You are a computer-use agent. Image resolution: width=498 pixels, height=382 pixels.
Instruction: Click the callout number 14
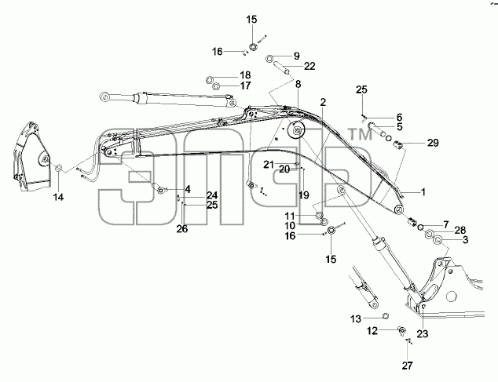coord(58,198)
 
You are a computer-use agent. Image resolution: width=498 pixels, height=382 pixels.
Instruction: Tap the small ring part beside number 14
coord(59,168)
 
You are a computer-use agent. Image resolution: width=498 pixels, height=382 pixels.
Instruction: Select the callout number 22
coord(309,66)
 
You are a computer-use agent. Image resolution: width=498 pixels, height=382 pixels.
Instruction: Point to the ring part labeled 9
coord(269,59)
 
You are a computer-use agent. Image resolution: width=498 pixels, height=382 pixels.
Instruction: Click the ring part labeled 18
coord(210,80)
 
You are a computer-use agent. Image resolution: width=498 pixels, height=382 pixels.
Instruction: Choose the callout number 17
coord(246,85)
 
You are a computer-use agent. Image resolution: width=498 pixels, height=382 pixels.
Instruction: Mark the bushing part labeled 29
coord(398,145)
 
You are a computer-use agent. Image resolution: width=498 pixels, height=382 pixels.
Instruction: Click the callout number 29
coord(433,143)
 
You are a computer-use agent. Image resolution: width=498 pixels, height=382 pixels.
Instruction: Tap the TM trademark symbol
coord(361,134)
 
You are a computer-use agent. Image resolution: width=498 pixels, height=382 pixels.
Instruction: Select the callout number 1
coord(423,192)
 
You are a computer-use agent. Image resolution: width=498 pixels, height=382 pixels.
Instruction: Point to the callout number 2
coord(323,102)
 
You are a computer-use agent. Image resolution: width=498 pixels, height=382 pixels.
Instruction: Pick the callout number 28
coord(460,230)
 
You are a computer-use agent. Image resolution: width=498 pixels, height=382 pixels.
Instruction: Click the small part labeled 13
coord(385,315)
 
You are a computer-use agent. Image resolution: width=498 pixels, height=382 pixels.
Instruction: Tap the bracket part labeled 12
coord(401,330)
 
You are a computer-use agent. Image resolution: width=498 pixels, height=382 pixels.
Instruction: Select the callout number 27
coord(407,366)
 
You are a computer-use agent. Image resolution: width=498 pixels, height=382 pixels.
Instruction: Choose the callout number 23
coord(423,334)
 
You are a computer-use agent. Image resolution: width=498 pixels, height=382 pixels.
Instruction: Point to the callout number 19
coord(304,195)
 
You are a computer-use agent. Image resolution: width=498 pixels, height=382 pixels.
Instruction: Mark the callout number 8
coord(298,84)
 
